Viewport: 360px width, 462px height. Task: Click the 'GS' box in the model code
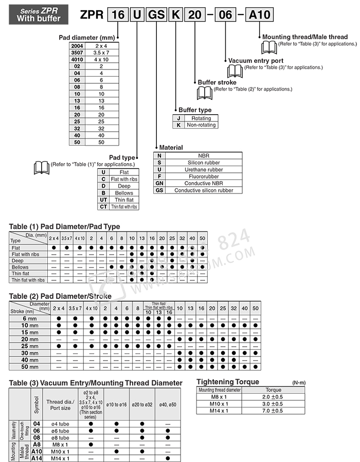156,14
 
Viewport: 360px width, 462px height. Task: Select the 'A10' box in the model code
260,14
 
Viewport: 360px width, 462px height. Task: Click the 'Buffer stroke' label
217,82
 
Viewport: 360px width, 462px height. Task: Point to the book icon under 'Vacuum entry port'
235,71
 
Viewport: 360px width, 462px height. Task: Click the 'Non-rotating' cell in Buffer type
201,125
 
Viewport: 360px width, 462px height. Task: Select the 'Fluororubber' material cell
204,176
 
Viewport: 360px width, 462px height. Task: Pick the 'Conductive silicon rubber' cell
204,190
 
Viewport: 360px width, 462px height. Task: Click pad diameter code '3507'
77,52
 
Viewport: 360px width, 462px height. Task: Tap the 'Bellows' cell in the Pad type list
124,193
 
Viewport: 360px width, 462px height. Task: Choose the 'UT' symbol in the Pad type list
103,200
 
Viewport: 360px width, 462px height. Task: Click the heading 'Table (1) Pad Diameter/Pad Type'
64,226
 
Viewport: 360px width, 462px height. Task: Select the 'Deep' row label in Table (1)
18,261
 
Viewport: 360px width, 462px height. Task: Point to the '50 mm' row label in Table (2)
30,367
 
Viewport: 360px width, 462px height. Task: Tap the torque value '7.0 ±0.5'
272,411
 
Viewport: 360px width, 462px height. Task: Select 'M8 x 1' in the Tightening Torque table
219,397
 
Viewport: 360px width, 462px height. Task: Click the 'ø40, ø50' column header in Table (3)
168,405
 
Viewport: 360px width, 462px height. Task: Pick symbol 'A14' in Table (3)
37,458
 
